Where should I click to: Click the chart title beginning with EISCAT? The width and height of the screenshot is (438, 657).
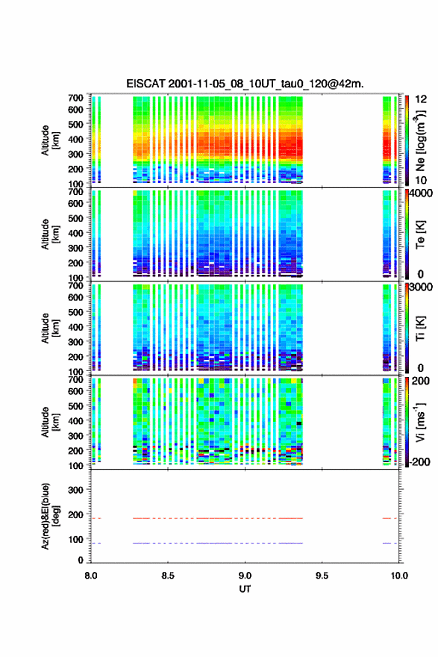click(245, 84)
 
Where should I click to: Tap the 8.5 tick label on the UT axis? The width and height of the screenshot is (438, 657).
click(168, 576)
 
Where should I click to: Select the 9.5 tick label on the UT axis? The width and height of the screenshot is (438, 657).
click(322, 576)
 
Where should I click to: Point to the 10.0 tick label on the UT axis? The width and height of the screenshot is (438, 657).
click(399, 576)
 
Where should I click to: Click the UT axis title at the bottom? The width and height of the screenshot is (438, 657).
click(245, 589)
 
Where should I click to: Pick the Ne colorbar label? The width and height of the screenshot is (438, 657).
click(420, 140)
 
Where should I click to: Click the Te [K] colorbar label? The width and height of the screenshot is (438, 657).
click(420, 234)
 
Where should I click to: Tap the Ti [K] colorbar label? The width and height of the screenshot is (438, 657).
click(420, 328)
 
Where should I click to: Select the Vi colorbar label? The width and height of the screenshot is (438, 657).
click(420, 422)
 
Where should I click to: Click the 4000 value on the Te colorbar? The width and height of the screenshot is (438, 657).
click(421, 193)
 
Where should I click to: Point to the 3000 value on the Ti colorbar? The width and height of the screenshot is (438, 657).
click(421, 287)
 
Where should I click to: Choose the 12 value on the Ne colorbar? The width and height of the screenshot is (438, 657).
click(421, 99)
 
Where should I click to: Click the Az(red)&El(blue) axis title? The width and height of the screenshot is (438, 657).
click(50, 516)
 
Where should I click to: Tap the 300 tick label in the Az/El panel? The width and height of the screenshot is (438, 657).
click(76, 490)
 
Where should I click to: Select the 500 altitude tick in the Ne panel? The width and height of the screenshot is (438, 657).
click(76, 124)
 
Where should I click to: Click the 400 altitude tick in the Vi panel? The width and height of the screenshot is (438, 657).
click(76, 420)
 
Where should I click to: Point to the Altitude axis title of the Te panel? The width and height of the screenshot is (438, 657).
click(50, 234)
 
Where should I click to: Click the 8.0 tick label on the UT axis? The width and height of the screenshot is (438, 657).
click(91, 576)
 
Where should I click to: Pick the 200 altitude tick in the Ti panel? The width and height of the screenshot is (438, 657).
click(76, 357)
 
